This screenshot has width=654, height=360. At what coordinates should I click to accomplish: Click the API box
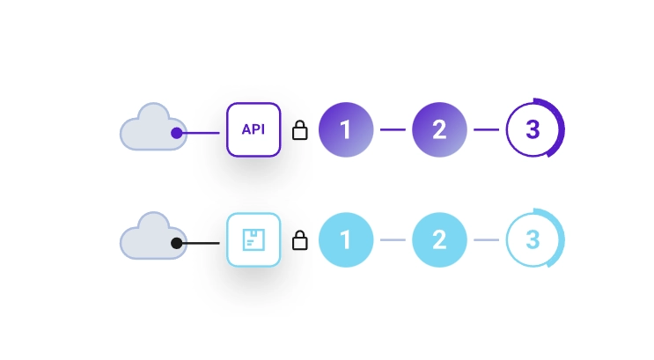pyautogui.click(x=254, y=130)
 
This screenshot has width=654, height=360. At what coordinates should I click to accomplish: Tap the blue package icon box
pyautogui.click(x=254, y=240)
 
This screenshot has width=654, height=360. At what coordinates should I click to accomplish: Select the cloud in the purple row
pyautogui.click(x=151, y=129)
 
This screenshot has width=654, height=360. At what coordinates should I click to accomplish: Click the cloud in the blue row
pyautogui.click(x=151, y=238)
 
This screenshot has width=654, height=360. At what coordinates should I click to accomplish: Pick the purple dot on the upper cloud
pyautogui.click(x=177, y=133)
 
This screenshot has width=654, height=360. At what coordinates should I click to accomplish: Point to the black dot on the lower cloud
pyautogui.click(x=177, y=242)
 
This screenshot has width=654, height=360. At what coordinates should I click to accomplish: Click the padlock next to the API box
pyautogui.click(x=299, y=131)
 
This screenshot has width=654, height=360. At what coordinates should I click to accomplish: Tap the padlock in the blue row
pyautogui.click(x=299, y=240)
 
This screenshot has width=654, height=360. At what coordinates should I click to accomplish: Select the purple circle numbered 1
pyautogui.click(x=346, y=130)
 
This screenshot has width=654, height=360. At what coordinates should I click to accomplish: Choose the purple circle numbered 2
pyautogui.click(x=439, y=130)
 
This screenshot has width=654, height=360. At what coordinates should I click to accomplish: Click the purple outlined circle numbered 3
pyautogui.click(x=533, y=130)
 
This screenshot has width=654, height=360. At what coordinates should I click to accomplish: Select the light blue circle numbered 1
pyautogui.click(x=346, y=239)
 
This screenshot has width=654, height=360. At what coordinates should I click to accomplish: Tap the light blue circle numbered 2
pyautogui.click(x=439, y=239)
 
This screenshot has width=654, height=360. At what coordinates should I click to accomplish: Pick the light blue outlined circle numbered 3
pyautogui.click(x=533, y=239)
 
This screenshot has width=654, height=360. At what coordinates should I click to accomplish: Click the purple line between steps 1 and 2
pyautogui.click(x=393, y=130)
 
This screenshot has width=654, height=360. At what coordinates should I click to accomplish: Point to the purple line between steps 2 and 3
pyautogui.click(x=486, y=130)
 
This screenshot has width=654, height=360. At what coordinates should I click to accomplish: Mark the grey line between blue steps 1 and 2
pyautogui.click(x=393, y=239)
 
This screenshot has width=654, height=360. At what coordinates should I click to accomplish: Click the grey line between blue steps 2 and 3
pyautogui.click(x=486, y=239)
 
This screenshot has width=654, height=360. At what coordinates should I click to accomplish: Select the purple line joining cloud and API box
pyautogui.click(x=202, y=133)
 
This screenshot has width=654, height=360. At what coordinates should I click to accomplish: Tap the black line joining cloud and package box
pyautogui.click(x=202, y=242)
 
